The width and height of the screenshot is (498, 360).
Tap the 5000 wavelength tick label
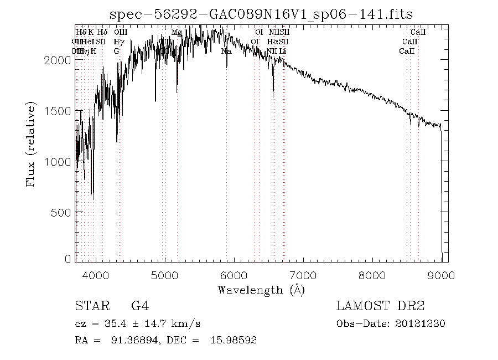pyautogui.click(x=165, y=275)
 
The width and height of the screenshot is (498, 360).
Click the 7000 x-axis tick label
pyautogui.click(x=303, y=275)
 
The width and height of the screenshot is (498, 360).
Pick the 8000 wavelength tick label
pyautogui.click(x=372, y=275)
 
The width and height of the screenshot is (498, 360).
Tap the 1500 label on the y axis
pyautogui.click(x=57, y=111)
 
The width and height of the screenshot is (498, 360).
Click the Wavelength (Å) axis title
pyautogui.click(x=261, y=290)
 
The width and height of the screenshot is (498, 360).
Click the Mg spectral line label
pyautogui.click(x=177, y=33)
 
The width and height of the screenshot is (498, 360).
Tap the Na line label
pyautogui.click(x=226, y=52)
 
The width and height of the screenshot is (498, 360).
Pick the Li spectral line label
pyautogui.click(x=283, y=52)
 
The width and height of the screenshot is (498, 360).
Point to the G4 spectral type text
pyautogui.click(x=140, y=306)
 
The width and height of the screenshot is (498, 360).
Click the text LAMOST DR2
pyautogui.click(x=380, y=306)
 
